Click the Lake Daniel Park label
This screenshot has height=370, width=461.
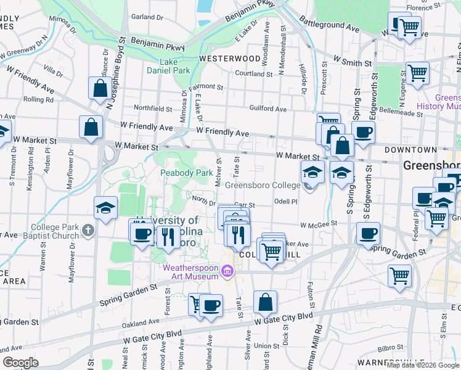coord(168,66)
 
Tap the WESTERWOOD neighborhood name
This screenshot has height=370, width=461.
coord(230,59)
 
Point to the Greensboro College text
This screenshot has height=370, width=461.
coord(263,185)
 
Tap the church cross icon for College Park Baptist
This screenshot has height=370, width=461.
coord(88,231)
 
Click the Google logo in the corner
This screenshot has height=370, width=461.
coord(20,363)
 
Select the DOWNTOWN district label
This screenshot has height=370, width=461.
coord(410,150)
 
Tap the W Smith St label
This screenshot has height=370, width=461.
coord(353,63)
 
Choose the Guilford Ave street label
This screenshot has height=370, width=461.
coord(268,109)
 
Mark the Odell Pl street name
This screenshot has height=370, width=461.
coord(286,202)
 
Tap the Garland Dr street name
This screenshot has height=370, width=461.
coord(147,17)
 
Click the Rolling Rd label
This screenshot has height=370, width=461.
coord(38,99)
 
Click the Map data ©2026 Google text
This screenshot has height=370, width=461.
coord(423,365)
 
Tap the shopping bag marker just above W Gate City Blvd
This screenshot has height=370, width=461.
coord(265,302)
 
